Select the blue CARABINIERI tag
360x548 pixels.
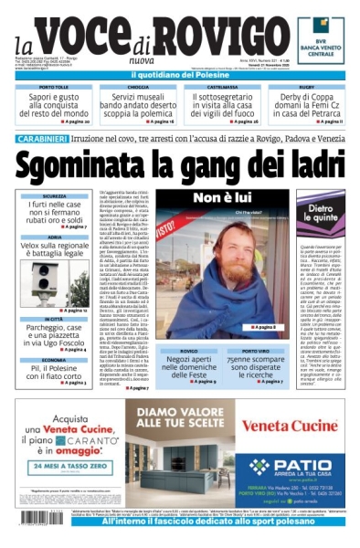(41, 138)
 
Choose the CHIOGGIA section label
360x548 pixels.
(138, 87)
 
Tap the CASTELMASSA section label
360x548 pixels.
(222, 87)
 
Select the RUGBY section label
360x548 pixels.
(306, 87)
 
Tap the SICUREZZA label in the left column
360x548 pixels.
(54, 195)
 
